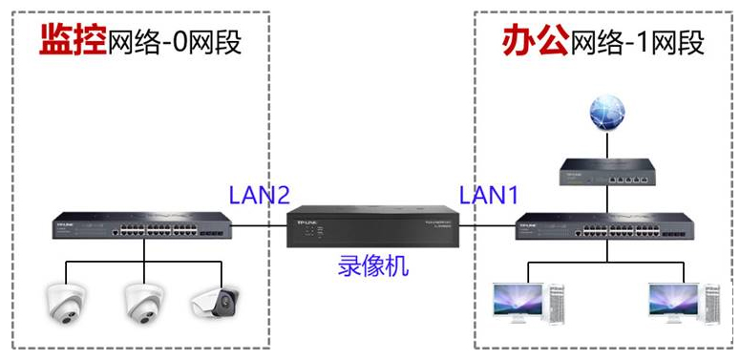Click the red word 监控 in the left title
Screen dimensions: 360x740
pyautogui.click(x=72, y=41)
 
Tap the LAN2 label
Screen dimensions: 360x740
pyautogui.click(x=259, y=196)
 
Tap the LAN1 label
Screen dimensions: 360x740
pyautogui.click(x=488, y=196)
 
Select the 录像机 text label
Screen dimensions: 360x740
pyautogui.click(x=373, y=265)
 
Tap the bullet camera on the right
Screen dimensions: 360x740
pyautogui.click(x=214, y=301)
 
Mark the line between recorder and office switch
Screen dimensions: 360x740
pyautogui.click(x=487, y=226)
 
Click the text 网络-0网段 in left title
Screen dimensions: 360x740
pyautogui.click(x=174, y=43)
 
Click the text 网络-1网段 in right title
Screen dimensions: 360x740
pyautogui.click(x=636, y=43)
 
